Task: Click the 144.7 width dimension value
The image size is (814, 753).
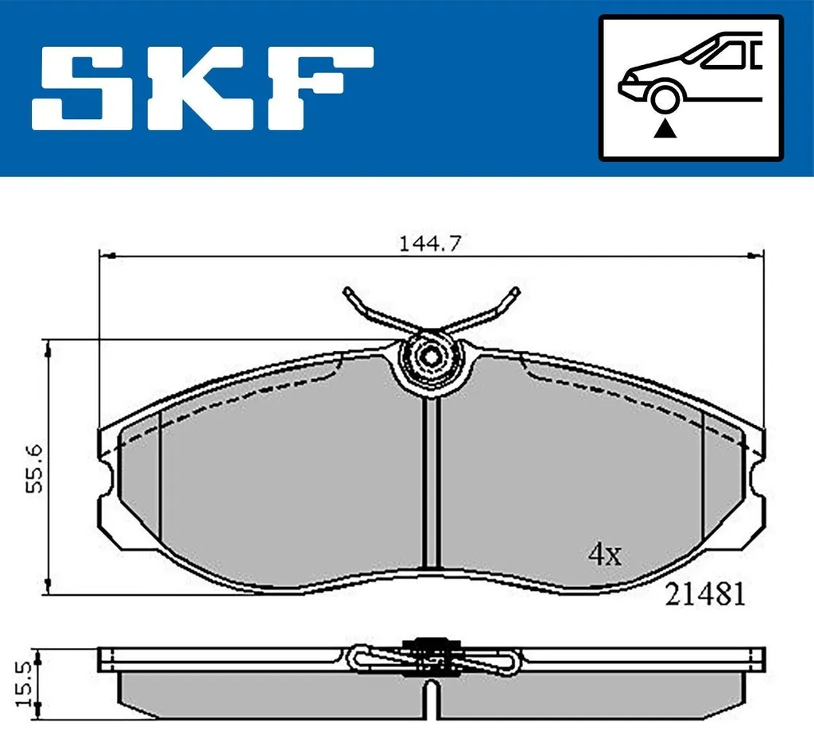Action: (430, 243)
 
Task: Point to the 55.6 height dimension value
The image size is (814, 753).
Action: (35, 469)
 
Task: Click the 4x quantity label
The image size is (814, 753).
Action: (605, 555)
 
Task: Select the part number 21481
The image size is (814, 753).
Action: (706, 594)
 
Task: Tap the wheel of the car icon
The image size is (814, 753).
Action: (665, 99)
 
